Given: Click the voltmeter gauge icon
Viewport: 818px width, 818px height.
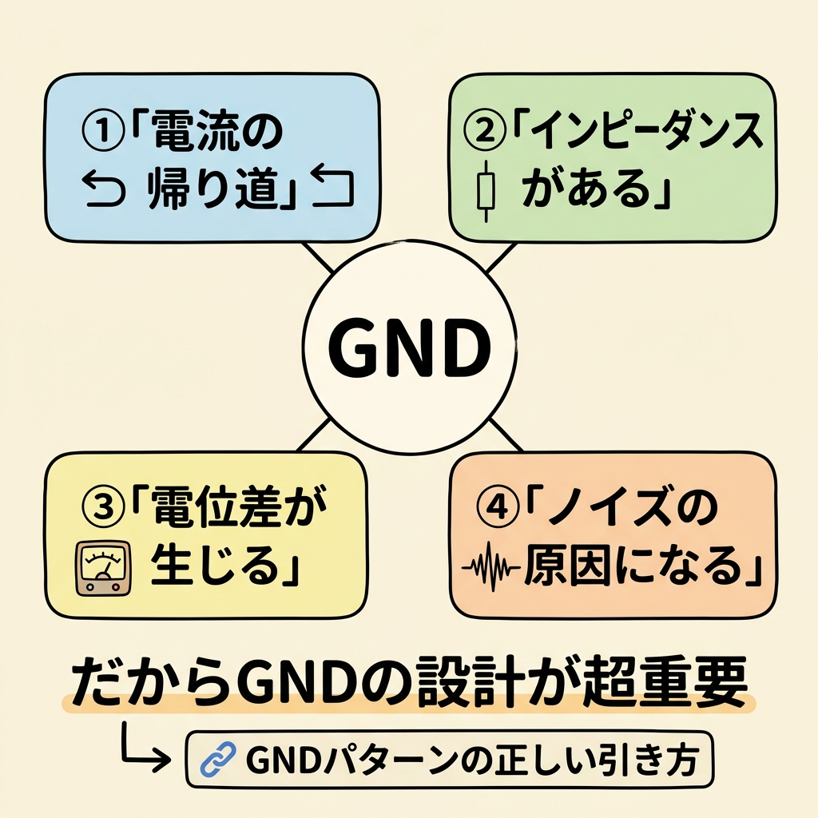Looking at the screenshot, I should pos(101,567).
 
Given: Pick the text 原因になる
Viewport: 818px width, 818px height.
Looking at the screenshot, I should pos(635,568).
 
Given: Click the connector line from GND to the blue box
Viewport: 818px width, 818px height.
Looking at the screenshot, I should pos(320,258).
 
